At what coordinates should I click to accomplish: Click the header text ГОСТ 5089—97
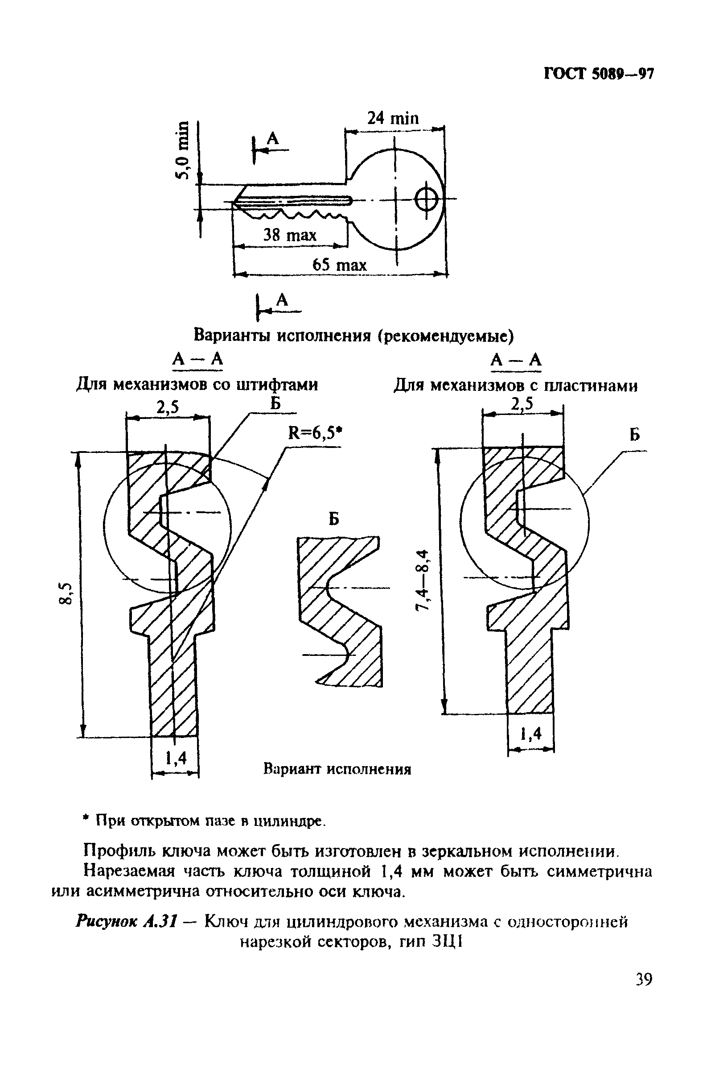pos(599,74)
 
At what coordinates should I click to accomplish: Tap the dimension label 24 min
pos(393,118)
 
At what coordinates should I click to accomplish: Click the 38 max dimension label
pos(290,236)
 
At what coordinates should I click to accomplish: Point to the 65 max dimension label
pos(339,265)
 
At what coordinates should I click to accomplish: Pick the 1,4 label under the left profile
pos(176,758)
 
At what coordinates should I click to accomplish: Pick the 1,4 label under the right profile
pos(531,734)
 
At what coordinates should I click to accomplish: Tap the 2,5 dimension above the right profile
pos(522,404)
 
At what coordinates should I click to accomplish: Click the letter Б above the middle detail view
pos(334,518)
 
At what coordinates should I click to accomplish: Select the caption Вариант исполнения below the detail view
pos(337,769)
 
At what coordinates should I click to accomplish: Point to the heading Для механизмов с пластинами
pos(515,386)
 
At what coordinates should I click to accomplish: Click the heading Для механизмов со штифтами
pos(197,385)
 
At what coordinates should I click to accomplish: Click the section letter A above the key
pos(273,138)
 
